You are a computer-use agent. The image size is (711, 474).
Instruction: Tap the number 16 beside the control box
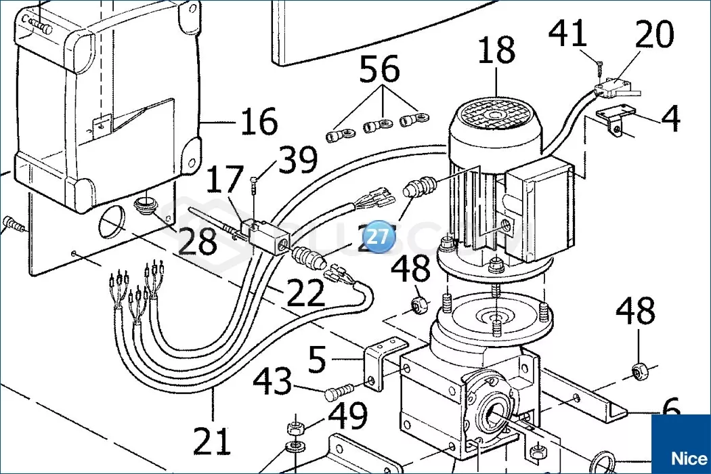point(259,122)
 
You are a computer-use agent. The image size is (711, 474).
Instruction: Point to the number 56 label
point(379,69)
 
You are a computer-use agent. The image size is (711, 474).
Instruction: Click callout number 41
point(567,34)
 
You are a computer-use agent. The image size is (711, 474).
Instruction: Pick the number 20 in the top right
point(655,35)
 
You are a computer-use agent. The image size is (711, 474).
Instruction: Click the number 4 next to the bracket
point(670,118)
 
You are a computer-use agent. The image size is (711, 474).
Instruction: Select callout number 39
point(297,160)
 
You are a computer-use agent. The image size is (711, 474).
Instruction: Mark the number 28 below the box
point(198,241)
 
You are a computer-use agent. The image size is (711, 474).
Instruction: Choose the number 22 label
point(305,293)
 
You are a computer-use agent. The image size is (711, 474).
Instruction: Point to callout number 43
point(273,384)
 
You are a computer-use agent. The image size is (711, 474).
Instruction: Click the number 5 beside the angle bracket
point(317,361)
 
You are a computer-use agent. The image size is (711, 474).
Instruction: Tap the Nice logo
point(680,456)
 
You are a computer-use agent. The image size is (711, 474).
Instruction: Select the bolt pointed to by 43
point(339,392)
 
